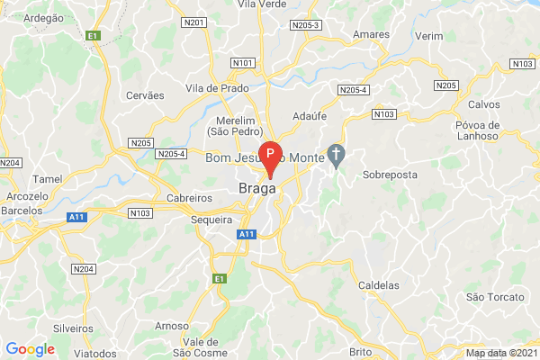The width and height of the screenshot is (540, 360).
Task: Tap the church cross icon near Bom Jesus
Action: pos(337,155)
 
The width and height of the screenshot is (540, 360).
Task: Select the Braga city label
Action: pos(256,189)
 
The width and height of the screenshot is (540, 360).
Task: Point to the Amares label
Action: pos(371,34)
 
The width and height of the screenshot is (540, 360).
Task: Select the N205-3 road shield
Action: pos(306,27)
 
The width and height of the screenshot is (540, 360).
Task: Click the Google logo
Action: pos(31,349)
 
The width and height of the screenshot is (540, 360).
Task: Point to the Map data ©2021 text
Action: pos(500,353)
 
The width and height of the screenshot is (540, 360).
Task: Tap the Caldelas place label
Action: pos(379,285)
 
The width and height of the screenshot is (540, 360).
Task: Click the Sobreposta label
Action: pos(391,175)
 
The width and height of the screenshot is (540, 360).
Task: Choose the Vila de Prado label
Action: pos(215,88)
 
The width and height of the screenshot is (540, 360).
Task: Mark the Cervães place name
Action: pos(146,95)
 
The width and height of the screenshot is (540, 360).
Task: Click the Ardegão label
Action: pos(43,18)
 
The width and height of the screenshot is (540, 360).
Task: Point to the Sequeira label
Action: pos(212,219)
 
